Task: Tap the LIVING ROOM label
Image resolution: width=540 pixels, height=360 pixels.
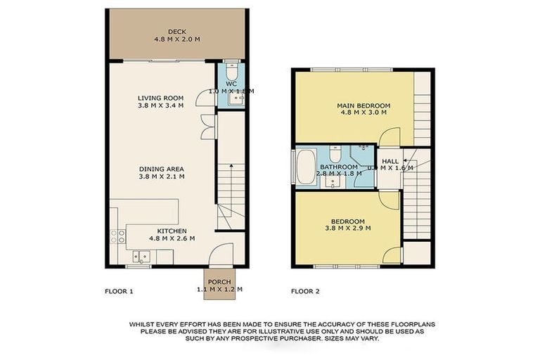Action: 160,98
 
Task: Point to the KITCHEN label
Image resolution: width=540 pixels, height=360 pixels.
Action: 172,230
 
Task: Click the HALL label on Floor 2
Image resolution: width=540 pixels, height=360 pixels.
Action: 390,161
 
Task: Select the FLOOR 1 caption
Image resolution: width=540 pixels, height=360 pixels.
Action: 118,290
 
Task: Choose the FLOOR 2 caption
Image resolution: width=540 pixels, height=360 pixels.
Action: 306,290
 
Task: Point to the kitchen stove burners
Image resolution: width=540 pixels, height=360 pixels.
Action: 121,237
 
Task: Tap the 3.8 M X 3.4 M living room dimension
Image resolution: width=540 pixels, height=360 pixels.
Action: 160,106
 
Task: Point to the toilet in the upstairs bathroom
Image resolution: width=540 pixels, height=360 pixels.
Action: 336,154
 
